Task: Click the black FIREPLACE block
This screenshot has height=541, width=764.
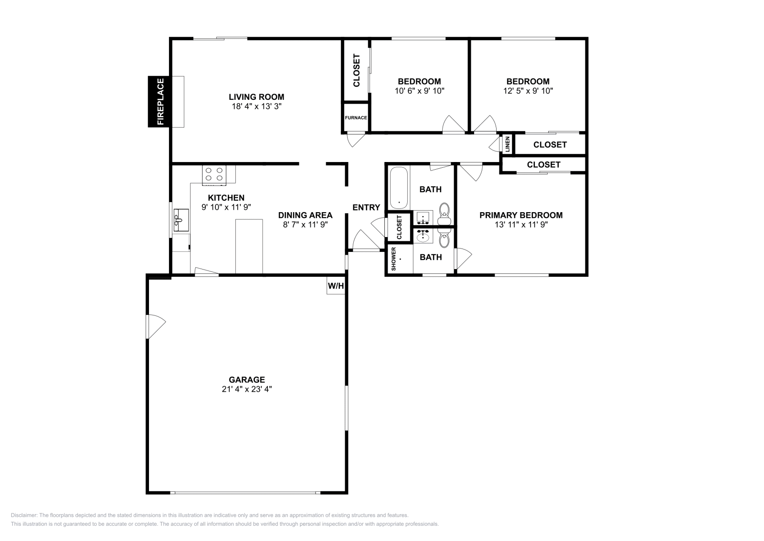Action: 159,102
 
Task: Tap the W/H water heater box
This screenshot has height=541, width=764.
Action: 336,285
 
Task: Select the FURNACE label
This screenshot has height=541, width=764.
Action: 356,118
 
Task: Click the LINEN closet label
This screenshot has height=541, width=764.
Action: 508,144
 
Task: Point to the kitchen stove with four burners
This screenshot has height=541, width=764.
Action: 214,175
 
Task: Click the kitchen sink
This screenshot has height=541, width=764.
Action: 181,220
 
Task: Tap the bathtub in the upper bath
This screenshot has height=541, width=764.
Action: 399,187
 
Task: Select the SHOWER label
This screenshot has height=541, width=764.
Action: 393,259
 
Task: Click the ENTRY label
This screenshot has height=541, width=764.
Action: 366,207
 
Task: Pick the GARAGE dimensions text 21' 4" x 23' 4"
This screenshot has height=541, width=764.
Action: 246,389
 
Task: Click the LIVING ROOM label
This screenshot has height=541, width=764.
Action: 256,97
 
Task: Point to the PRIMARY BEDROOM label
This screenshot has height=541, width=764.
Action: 521,215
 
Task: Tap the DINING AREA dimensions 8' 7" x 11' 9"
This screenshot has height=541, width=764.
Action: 305,225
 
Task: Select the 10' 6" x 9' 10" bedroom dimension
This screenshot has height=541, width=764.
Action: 420,91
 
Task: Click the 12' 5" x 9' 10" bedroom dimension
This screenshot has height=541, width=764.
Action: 528,91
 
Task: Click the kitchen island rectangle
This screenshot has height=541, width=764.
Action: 249,247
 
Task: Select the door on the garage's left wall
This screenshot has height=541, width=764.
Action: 156,326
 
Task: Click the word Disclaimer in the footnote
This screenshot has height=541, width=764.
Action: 24,515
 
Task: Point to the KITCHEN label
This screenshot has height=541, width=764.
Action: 226,198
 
